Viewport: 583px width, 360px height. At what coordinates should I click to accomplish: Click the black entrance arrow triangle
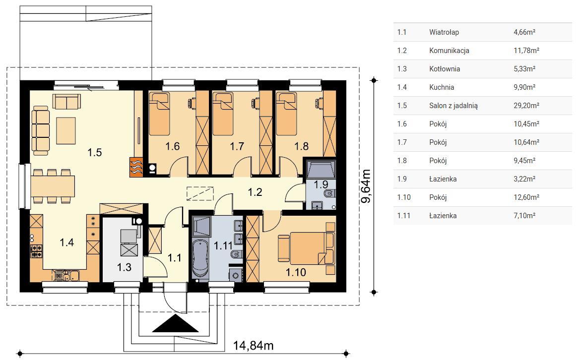tap(176, 324)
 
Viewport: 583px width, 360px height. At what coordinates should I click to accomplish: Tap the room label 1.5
tap(94, 152)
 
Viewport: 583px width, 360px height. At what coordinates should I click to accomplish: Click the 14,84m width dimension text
tap(253, 346)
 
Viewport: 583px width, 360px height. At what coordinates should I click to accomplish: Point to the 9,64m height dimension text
tap(366, 186)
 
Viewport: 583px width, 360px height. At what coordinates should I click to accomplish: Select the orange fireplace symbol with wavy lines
tap(136, 167)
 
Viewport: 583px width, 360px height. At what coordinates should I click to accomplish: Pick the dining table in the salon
tap(53, 186)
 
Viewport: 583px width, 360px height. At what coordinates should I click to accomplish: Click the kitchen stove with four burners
tap(36, 251)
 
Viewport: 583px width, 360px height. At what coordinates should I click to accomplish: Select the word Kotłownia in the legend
tap(445, 69)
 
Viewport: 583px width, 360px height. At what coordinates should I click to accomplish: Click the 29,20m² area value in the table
tap(526, 106)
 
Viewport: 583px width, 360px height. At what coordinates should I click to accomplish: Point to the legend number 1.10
tap(404, 197)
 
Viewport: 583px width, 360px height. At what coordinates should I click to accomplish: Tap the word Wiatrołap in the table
tap(444, 32)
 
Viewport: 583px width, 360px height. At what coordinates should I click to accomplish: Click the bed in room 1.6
tap(159, 114)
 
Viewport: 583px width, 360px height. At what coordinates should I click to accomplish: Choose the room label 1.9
tap(321, 184)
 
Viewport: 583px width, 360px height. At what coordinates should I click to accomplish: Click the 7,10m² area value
tap(524, 216)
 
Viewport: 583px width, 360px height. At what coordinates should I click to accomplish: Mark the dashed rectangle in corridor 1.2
tap(200, 193)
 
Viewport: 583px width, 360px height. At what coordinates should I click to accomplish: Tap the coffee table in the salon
tap(66, 131)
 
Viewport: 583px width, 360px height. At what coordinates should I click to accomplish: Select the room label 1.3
tap(124, 267)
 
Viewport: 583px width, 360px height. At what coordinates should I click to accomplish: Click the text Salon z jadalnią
tap(453, 106)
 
